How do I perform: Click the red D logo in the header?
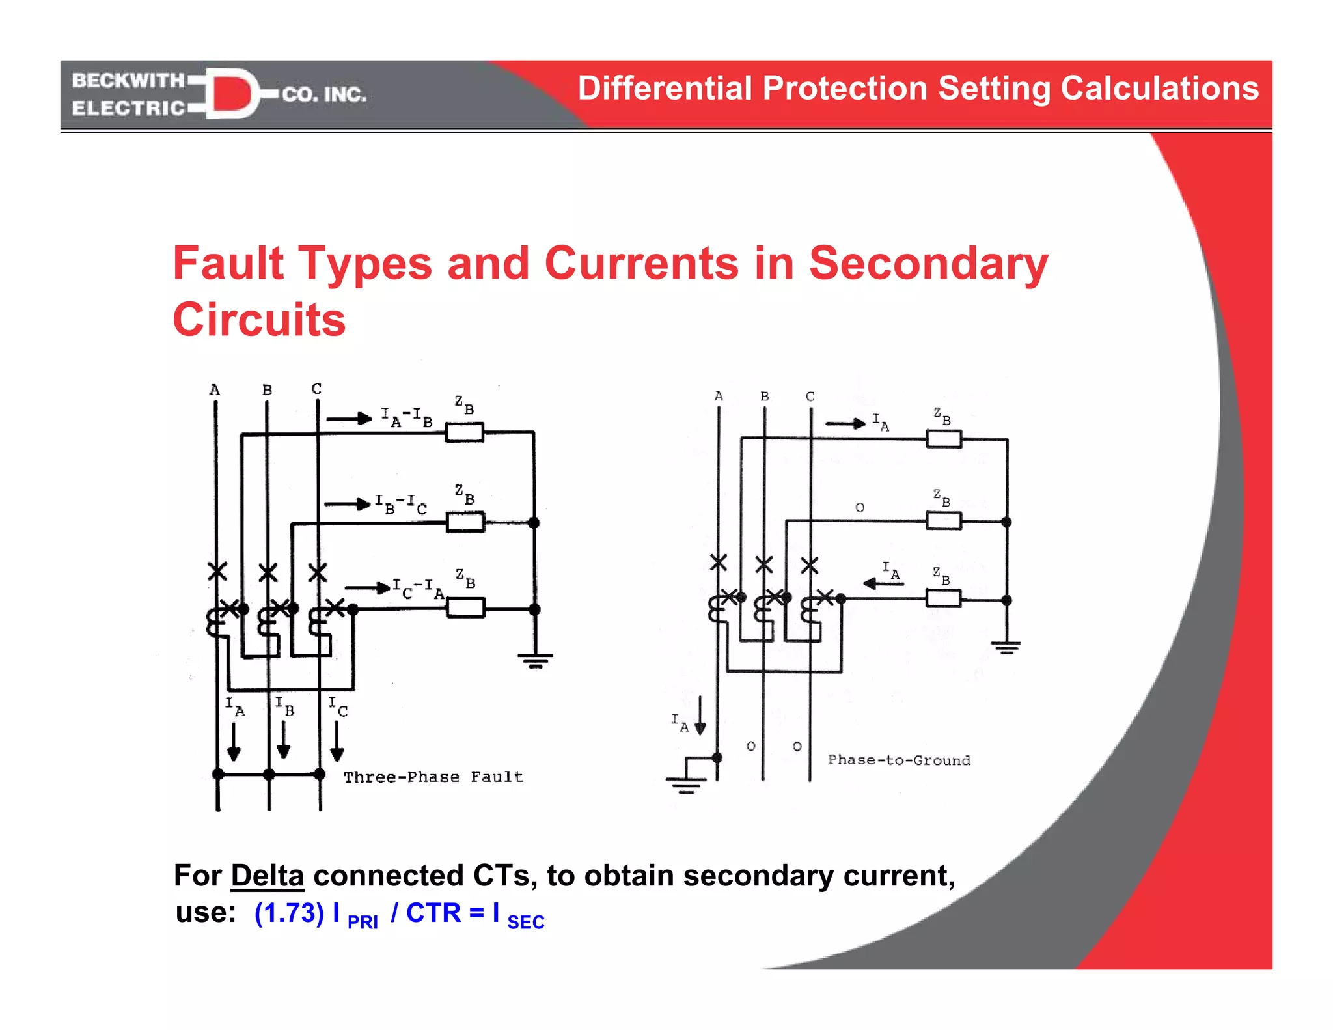click(x=231, y=93)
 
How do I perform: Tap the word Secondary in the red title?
click(x=928, y=264)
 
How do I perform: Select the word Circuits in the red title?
click(x=259, y=320)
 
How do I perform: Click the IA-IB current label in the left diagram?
click(x=406, y=417)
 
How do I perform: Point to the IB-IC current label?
click(x=401, y=503)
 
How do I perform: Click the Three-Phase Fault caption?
click(x=433, y=777)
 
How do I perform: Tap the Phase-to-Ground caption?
click(x=898, y=760)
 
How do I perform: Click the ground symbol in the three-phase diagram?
click(x=535, y=660)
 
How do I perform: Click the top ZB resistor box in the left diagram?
click(x=464, y=432)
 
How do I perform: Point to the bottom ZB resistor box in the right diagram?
click(x=943, y=598)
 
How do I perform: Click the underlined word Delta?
click(x=267, y=876)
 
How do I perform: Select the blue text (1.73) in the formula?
click(x=289, y=913)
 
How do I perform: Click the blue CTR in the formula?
click(x=433, y=913)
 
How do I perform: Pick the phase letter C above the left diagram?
click(x=316, y=389)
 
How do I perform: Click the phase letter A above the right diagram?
click(x=719, y=396)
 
